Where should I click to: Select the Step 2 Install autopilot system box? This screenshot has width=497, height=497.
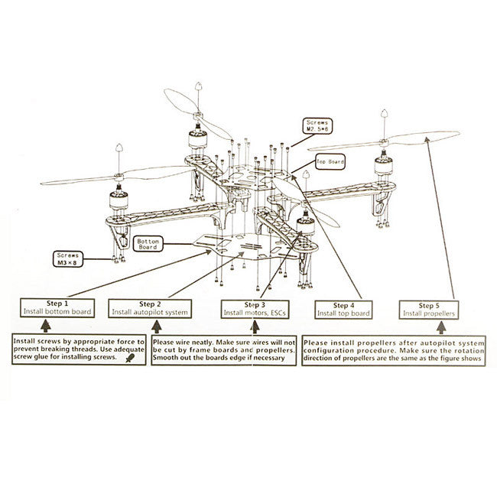click(x=147, y=307)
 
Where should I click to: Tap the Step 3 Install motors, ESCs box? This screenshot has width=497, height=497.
click(x=253, y=308)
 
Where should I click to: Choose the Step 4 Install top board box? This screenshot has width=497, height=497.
click(x=343, y=308)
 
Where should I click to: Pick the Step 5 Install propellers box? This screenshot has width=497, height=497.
click(x=429, y=308)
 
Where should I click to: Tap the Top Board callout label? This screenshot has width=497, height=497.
click(x=331, y=162)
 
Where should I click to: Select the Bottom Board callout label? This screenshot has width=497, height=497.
click(x=148, y=245)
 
